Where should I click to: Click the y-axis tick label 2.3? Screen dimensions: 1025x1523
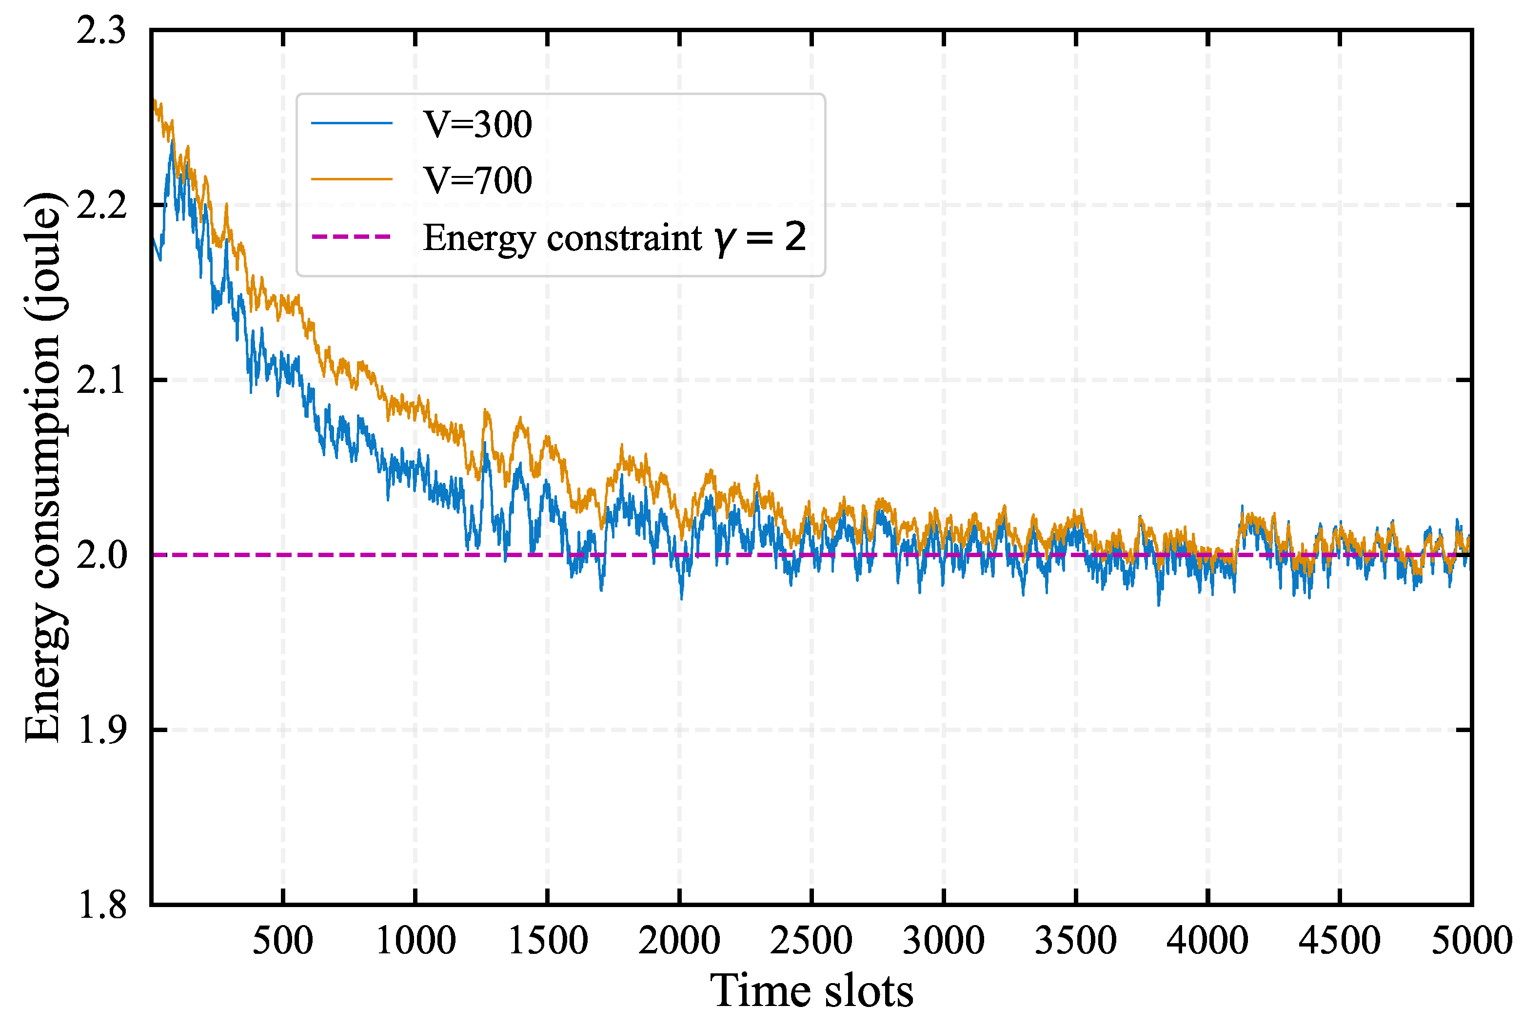101,31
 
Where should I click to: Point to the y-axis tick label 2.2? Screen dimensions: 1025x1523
101,205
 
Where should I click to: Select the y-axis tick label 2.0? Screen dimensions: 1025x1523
101,555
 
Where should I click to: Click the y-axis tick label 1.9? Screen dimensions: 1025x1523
101,730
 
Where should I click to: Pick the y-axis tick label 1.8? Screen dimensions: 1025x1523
101,906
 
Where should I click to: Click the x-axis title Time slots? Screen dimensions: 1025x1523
811,991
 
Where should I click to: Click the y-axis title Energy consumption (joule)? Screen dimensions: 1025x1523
43,467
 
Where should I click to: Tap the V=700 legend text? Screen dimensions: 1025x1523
477,180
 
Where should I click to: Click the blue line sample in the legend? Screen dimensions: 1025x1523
352,123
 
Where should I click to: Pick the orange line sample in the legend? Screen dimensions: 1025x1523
352,179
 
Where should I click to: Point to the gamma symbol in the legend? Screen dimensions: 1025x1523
725,239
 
